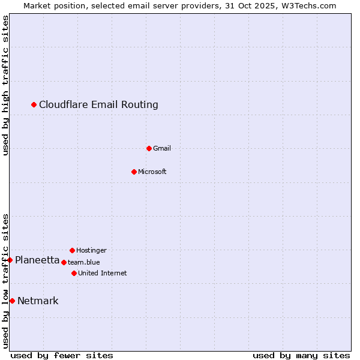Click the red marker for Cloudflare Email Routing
[x=34, y=105]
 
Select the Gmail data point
[x=149, y=148]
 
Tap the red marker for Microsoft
[x=134, y=172]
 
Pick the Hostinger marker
[x=72, y=250]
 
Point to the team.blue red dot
[x=64, y=262]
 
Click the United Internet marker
[x=74, y=273]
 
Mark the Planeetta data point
[x=10, y=260]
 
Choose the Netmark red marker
[x=12, y=301]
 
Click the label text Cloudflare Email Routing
[x=98, y=105]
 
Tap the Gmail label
[x=162, y=148]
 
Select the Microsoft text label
[x=152, y=172]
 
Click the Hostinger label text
[x=91, y=250]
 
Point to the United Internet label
[x=103, y=273]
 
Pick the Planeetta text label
[x=37, y=260]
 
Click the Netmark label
[x=38, y=301]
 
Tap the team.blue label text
[x=84, y=262]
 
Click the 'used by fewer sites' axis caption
[x=62, y=355]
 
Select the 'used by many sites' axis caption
[x=301, y=355]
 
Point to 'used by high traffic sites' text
[x=5, y=86]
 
